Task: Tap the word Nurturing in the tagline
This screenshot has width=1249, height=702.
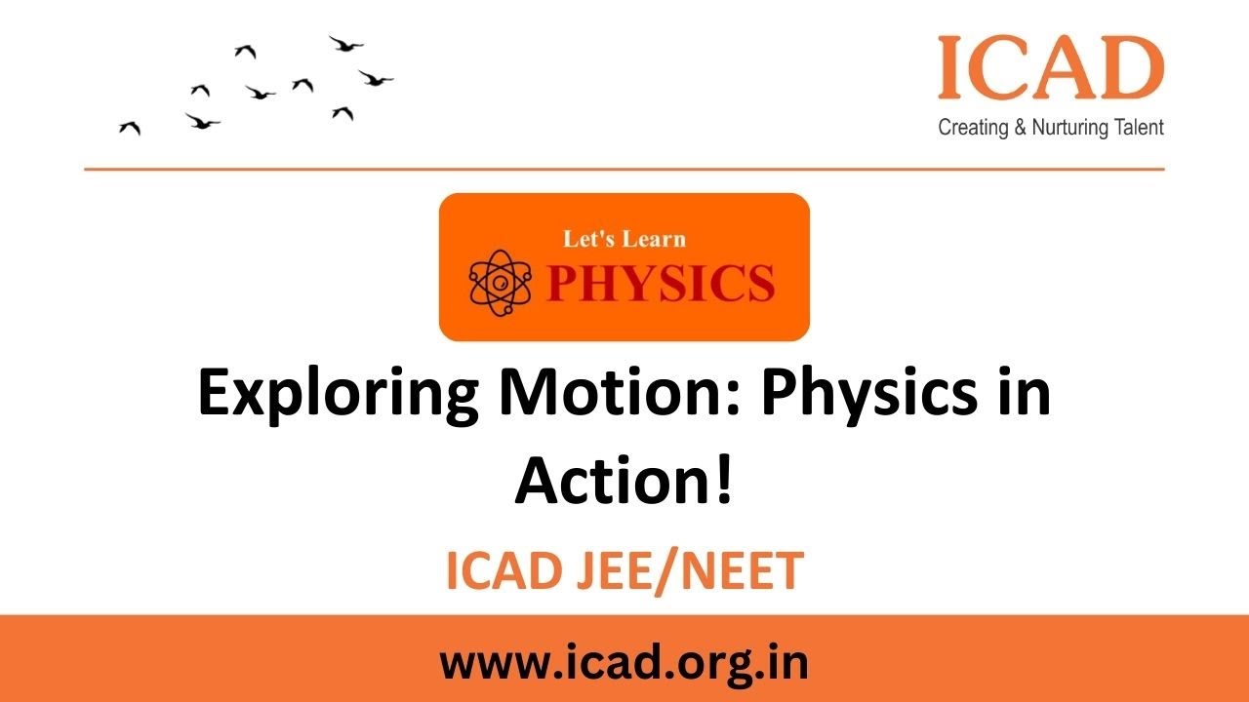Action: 1070,128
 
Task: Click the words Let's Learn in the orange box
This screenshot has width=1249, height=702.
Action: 624,239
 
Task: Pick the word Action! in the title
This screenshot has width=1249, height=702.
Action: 624,481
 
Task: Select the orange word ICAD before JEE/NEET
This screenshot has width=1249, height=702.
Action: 506,572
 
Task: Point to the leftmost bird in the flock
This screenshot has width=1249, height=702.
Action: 130,128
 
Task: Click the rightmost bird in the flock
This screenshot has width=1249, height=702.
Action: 375,77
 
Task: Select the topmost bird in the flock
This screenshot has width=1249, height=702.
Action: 345,44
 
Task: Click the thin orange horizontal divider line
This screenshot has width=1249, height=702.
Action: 624,170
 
